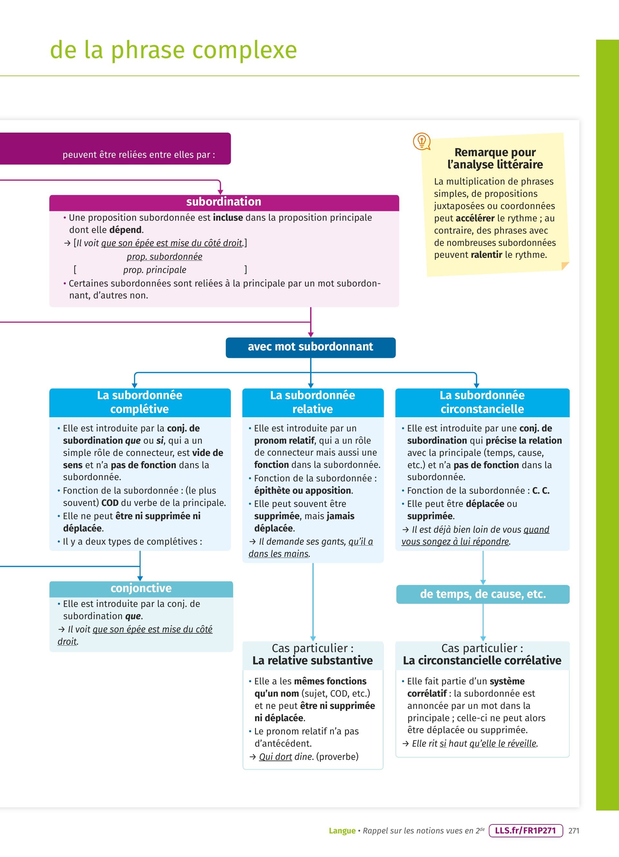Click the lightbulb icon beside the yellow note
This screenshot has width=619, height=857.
[x=422, y=141]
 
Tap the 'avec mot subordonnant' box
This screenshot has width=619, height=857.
[x=310, y=347]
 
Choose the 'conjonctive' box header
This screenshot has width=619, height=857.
[x=141, y=588]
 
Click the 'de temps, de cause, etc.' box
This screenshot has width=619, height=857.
[x=483, y=594]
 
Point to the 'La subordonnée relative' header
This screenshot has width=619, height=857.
[x=312, y=402]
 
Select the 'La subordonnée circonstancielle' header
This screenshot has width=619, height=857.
[x=482, y=402]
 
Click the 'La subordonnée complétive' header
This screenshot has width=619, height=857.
[x=140, y=402]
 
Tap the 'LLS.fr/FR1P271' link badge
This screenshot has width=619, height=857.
[x=526, y=830]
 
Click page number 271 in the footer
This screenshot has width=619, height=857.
[x=574, y=831]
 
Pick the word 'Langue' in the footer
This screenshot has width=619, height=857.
[x=342, y=831]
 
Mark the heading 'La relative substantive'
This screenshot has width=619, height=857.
[x=312, y=660]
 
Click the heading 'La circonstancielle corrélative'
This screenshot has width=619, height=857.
[x=482, y=660]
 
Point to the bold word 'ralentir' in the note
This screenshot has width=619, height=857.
[x=486, y=255]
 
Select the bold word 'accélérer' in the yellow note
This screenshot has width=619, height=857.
[x=475, y=218]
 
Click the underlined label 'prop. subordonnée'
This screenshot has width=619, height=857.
[x=164, y=257]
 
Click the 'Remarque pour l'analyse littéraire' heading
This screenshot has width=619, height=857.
[x=495, y=158]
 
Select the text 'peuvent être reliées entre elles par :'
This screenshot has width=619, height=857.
[x=139, y=155]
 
